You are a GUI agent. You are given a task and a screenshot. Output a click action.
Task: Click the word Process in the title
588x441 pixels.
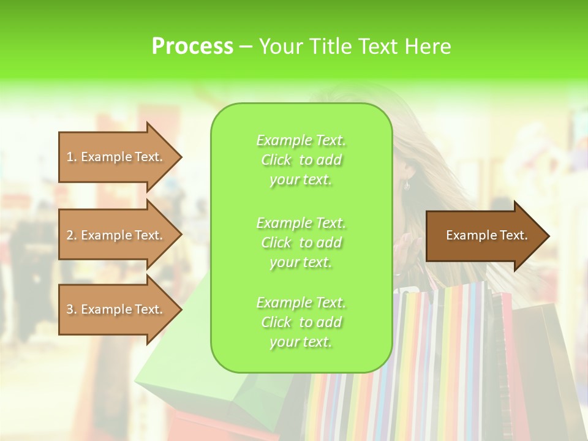192,47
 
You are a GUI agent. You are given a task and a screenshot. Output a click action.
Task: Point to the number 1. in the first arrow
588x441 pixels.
72,157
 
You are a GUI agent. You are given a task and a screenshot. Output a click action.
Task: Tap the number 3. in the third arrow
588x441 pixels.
72,310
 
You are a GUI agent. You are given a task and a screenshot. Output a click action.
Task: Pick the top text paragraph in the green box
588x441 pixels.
301,160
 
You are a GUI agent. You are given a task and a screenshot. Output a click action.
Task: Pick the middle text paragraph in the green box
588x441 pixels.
301,243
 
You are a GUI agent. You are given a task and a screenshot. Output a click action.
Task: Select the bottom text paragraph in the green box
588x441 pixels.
301,322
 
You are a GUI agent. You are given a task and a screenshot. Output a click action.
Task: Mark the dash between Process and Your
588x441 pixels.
246,47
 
